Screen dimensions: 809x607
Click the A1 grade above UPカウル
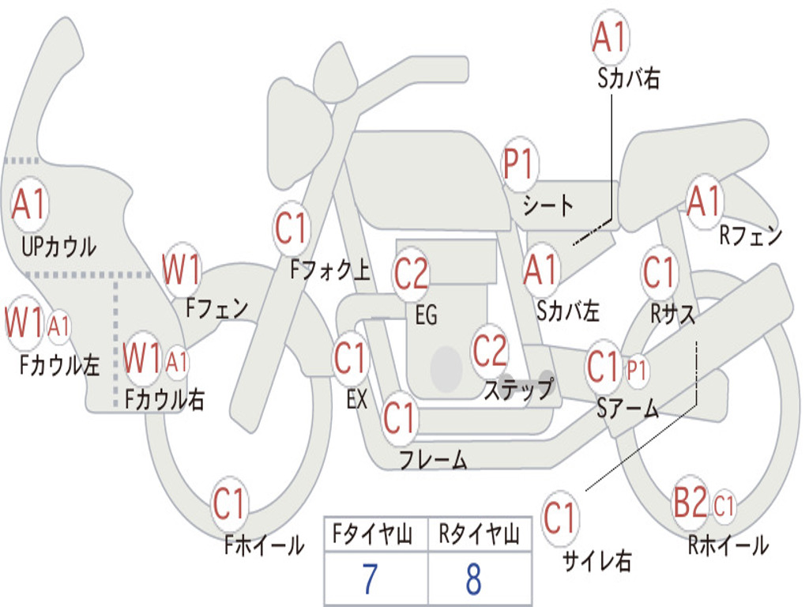click(29, 205)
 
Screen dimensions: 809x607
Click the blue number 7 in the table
click(370, 579)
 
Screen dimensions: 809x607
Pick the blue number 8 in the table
click(474, 579)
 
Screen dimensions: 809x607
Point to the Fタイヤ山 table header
click(372, 533)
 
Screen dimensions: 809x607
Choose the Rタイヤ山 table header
click(479, 533)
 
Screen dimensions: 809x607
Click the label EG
click(426, 315)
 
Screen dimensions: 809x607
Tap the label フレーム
click(433, 459)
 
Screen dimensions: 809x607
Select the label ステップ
click(518, 389)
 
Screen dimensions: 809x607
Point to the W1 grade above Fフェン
click(181, 269)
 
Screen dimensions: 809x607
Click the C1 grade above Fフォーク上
click(291, 228)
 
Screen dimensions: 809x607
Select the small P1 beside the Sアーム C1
click(636, 370)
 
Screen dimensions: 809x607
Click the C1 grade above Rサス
click(658, 272)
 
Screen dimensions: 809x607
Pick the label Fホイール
click(264, 545)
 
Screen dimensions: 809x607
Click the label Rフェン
click(751, 236)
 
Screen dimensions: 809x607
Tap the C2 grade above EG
click(411, 273)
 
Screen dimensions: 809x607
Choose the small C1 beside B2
click(724, 505)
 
